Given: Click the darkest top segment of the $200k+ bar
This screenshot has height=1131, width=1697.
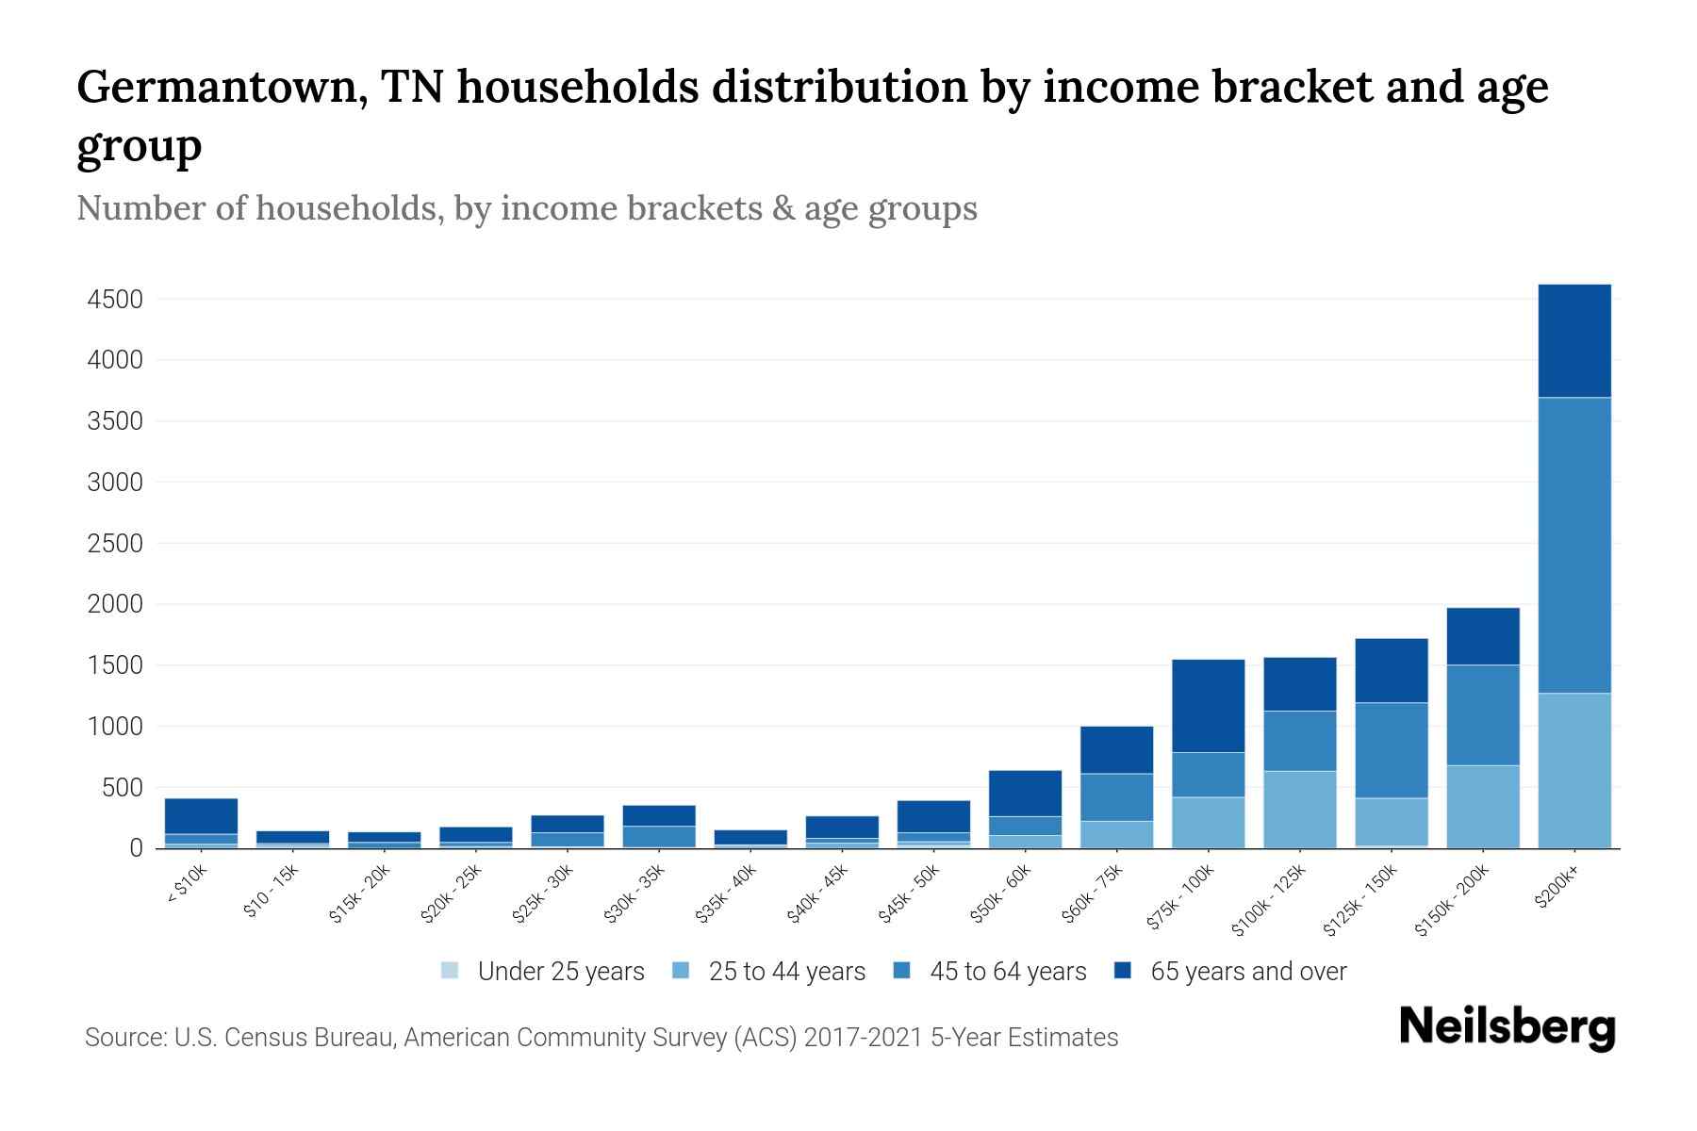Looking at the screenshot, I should coord(1573,340).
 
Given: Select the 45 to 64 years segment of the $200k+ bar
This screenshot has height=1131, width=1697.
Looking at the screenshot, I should coord(1573,545).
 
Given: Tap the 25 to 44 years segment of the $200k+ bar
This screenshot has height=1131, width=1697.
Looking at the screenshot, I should coord(1573,770).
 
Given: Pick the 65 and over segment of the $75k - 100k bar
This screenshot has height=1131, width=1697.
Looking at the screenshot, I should coord(1208,705).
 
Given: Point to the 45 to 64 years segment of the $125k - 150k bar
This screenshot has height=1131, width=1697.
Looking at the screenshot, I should coord(1391,749).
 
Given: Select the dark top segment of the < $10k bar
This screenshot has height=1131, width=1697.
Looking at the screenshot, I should coord(201,816).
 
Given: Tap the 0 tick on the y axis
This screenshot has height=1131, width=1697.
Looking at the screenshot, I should coord(136,848).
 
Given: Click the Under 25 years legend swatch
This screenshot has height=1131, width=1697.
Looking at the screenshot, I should coord(450,971).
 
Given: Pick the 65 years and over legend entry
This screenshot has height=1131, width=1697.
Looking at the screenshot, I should coord(1247,971).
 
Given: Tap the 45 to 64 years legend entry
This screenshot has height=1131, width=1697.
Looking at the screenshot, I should coord(1007,971).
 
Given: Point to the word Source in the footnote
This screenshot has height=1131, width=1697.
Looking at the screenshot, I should coord(123,1038).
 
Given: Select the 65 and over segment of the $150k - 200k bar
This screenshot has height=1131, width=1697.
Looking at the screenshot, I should coord(1482,636).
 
